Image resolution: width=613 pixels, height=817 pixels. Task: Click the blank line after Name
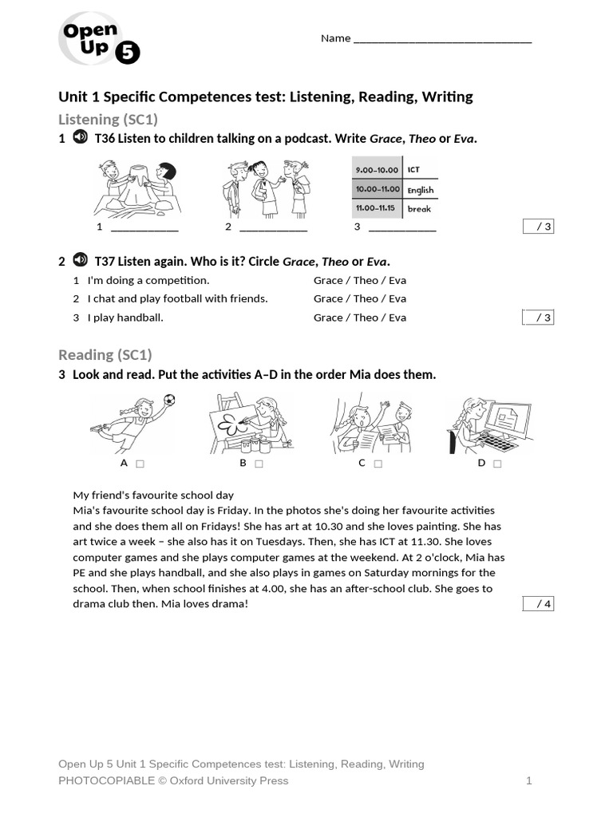click(x=442, y=39)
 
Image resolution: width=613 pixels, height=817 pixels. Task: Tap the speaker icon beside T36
click(x=80, y=138)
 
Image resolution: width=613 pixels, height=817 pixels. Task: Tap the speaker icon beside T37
click(x=80, y=261)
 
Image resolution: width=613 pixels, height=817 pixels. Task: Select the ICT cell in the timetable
click(x=413, y=170)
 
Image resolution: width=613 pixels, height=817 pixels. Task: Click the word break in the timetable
click(x=419, y=209)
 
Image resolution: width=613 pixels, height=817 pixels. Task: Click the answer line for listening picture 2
click(x=273, y=227)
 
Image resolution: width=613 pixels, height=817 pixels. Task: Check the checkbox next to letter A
click(x=140, y=464)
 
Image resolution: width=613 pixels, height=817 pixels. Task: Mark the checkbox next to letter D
click(x=497, y=464)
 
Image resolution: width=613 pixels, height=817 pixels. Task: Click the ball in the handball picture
click(x=168, y=400)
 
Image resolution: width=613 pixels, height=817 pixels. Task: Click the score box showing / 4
click(x=538, y=604)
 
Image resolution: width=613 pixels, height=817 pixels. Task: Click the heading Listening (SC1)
click(x=108, y=119)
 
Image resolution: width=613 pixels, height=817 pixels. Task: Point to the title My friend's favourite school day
click(x=153, y=495)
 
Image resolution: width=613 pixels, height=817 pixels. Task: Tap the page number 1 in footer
click(x=528, y=780)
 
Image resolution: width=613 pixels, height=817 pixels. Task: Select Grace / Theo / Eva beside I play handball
click(x=359, y=318)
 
